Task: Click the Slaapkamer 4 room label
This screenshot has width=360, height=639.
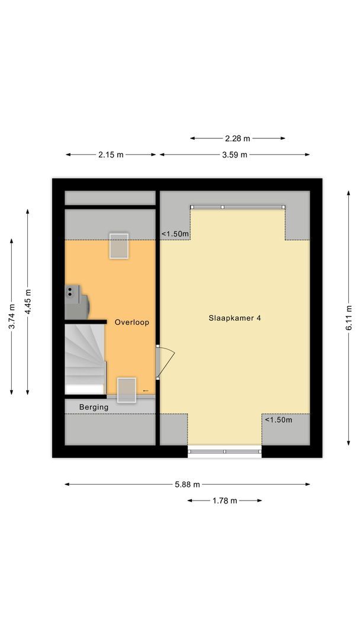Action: pyautogui.click(x=234, y=318)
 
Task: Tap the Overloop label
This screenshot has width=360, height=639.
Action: pyautogui.click(x=131, y=322)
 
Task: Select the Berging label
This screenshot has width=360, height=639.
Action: pyautogui.click(x=94, y=407)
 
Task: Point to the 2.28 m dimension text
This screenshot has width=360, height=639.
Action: pyautogui.click(x=237, y=138)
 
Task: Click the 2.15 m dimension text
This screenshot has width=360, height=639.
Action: pyautogui.click(x=111, y=155)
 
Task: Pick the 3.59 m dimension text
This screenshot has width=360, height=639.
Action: pyautogui.click(x=234, y=155)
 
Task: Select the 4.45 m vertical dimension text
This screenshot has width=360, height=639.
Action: pyautogui.click(x=28, y=301)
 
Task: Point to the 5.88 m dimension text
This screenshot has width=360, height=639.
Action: pyautogui.click(x=187, y=484)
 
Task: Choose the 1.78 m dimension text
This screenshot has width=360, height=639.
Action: pyautogui.click(x=224, y=501)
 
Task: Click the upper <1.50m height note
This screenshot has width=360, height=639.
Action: pyautogui.click(x=175, y=234)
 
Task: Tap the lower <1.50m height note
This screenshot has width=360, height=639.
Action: pyautogui.click(x=278, y=420)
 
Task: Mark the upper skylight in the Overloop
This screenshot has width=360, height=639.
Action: pyautogui.click(x=118, y=246)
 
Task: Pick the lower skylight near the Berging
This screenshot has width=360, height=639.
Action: pyautogui.click(x=127, y=390)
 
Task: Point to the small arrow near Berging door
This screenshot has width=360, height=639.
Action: pyautogui.click(x=146, y=390)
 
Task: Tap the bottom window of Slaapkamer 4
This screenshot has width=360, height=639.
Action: pyautogui.click(x=224, y=452)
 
